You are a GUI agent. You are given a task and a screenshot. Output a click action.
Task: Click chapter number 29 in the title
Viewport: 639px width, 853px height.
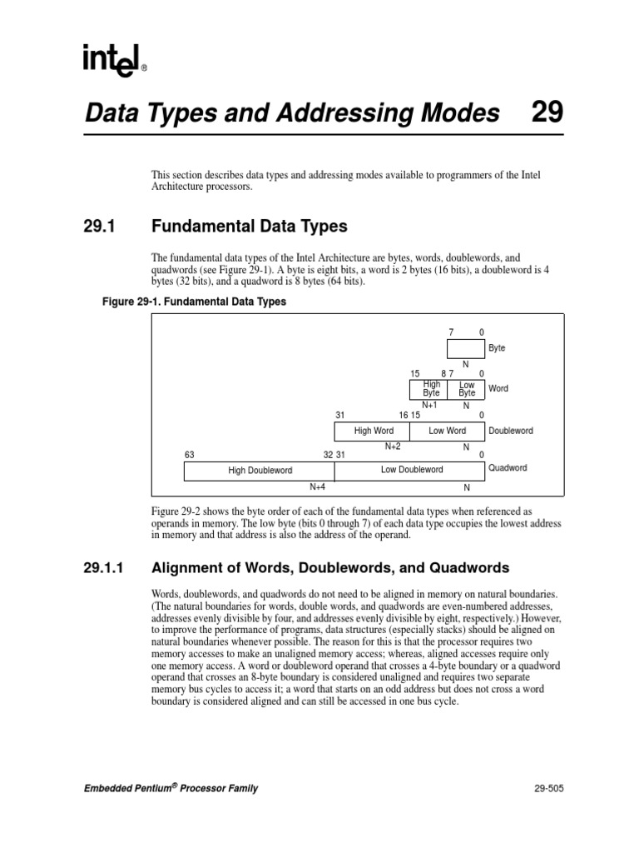[x=547, y=112]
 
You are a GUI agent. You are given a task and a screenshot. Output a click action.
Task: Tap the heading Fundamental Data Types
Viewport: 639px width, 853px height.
[x=249, y=227]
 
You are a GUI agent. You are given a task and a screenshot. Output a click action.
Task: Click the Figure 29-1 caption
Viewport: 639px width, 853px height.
[x=193, y=302]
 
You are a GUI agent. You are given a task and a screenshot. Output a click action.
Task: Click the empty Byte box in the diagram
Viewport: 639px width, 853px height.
[x=465, y=348]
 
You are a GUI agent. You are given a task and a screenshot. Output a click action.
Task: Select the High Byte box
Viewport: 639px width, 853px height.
[x=431, y=389]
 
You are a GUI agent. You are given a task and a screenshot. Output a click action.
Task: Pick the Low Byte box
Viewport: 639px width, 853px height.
[x=467, y=389]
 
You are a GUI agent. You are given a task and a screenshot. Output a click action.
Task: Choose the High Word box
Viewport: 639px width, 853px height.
[x=374, y=431]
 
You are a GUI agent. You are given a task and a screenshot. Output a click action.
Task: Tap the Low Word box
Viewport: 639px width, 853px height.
[x=447, y=431]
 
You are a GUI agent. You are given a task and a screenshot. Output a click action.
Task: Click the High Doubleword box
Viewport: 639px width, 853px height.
[x=260, y=471]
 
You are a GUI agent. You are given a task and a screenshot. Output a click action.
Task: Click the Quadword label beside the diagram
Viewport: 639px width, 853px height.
[x=507, y=468]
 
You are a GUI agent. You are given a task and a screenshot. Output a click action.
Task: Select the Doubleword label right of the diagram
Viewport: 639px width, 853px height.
[x=511, y=431]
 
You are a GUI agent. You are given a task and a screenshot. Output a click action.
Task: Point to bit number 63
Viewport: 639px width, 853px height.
[x=189, y=455]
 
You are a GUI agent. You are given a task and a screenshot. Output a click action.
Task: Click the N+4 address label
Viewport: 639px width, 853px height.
[x=317, y=487]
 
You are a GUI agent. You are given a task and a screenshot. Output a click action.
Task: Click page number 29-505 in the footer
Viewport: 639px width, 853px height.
[x=545, y=789]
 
